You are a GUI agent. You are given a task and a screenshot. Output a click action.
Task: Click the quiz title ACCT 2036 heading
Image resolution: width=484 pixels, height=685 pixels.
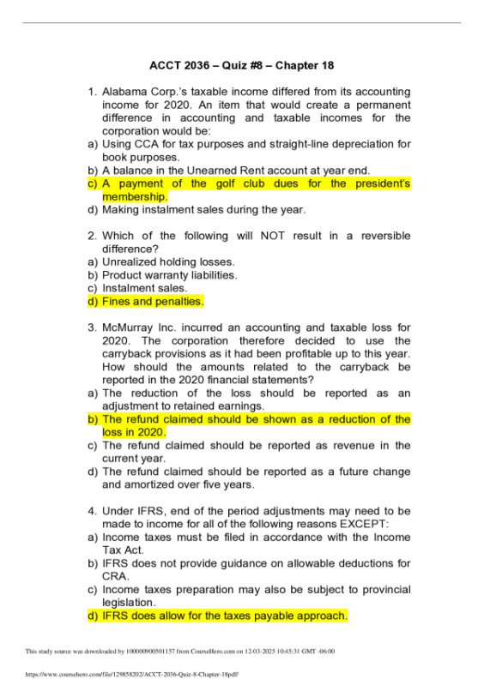point(241,65)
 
